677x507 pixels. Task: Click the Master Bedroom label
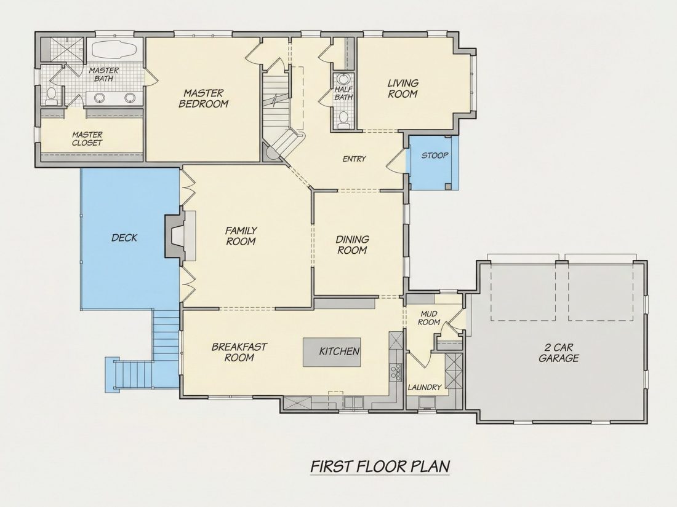[x=203, y=98]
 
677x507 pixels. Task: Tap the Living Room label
[x=403, y=88]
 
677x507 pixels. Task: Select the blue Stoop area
[x=433, y=163]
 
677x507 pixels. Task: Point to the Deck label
[x=124, y=238]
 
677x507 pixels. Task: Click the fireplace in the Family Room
[x=180, y=235]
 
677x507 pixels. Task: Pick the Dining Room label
[x=352, y=245]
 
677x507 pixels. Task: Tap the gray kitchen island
[x=332, y=352]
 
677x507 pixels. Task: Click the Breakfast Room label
[x=239, y=352]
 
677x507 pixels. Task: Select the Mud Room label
[x=429, y=318]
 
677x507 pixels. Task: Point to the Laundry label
[x=425, y=388]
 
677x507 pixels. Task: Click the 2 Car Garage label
[x=559, y=353]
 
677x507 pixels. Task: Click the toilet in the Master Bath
[x=52, y=96]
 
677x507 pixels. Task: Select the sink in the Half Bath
[x=343, y=80]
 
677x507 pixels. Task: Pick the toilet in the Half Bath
[x=343, y=119]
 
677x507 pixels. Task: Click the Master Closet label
[x=87, y=139]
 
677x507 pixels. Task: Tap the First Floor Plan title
[x=380, y=466]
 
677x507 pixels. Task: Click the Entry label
[x=354, y=159]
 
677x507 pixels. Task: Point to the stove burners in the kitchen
[x=396, y=372]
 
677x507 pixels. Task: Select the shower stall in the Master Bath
[x=65, y=50]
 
